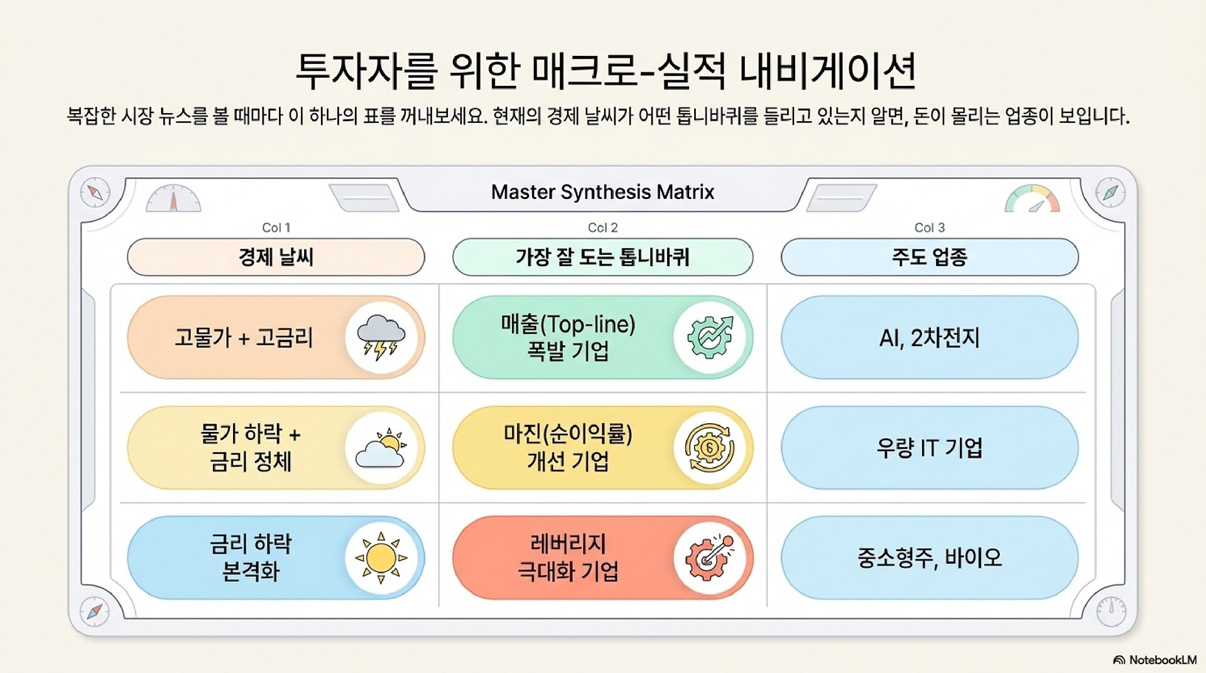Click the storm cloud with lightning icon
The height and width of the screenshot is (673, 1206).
click(x=381, y=338)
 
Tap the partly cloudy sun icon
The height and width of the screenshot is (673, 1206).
click(x=381, y=448)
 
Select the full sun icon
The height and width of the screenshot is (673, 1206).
click(x=381, y=557)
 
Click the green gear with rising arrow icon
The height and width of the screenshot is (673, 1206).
click(x=710, y=337)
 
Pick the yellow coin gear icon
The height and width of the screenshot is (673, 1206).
click(x=709, y=448)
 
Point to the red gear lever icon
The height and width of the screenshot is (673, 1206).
click(x=709, y=557)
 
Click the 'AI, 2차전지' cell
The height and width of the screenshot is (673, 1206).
click(x=930, y=338)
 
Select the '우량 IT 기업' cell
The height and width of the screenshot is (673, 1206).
click(x=930, y=448)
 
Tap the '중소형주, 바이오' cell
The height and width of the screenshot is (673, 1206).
click(x=930, y=557)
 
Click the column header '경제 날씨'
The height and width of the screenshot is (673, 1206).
click(x=276, y=257)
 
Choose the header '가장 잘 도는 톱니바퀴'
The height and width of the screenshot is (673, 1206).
click(x=602, y=257)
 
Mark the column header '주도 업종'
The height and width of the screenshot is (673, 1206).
click(x=930, y=257)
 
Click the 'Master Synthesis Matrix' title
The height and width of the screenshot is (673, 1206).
click(x=602, y=192)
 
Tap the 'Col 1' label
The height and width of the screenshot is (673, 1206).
click(x=276, y=227)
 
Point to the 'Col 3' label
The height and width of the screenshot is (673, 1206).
click(x=930, y=227)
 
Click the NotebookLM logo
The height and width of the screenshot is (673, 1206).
click(x=1154, y=660)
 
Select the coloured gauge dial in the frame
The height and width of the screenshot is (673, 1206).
click(x=1032, y=198)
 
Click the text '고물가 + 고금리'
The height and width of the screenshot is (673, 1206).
click(x=244, y=338)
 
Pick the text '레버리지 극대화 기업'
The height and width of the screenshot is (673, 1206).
click(x=568, y=557)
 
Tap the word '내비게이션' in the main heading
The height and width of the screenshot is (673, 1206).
click(x=828, y=70)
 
